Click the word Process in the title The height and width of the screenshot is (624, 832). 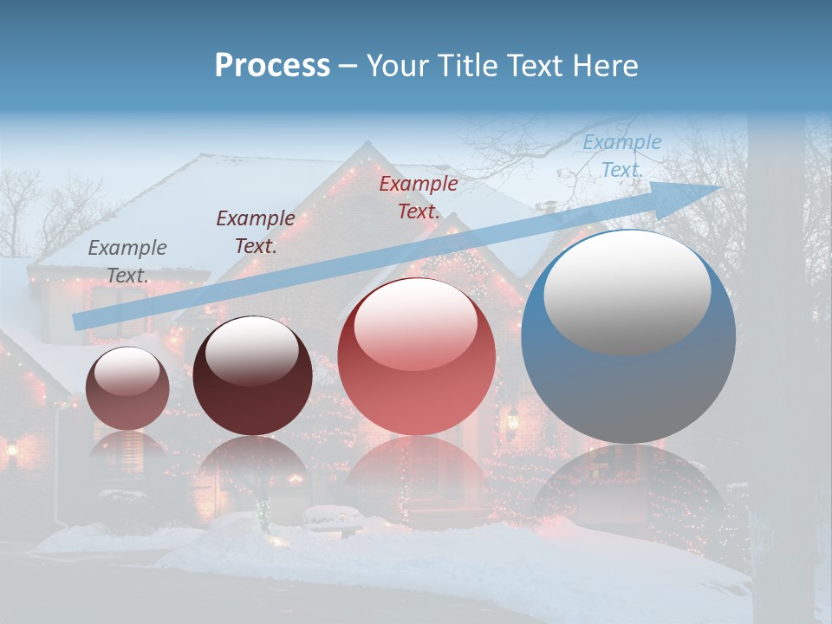click(x=272, y=66)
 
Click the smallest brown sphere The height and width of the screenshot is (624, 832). click(x=127, y=389)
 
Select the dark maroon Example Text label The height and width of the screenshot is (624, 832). click(x=256, y=232)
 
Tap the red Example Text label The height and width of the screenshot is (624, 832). click(x=419, y=197)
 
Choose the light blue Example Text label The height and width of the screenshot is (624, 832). click(x=622, y=156)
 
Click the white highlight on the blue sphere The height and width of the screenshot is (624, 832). click(x=627, y=292)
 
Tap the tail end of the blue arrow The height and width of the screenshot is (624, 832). click(x=80, y=322)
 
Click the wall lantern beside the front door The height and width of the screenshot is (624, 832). click(x=512, y=420)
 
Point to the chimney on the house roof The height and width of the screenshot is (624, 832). click(x=546, y=208)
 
